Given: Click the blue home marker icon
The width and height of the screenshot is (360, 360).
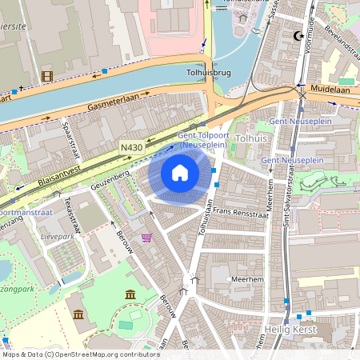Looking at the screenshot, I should click(x=180, y=172).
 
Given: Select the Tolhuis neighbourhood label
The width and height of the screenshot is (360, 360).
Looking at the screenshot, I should click(x=251, y=138).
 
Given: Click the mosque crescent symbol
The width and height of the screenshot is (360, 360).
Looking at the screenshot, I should click(x=300, y=36).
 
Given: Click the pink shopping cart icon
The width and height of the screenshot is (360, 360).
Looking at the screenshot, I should click(x=146, y=238).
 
